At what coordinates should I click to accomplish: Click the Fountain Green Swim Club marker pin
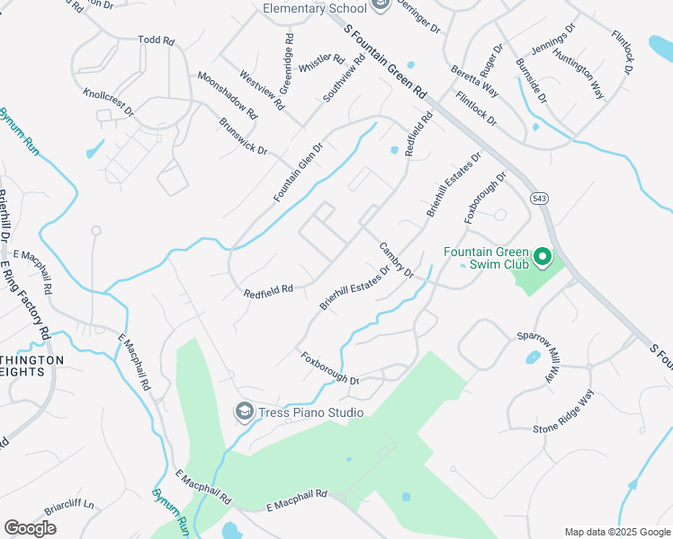pos(542,259)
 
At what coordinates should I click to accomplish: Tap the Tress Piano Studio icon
pos(244,411)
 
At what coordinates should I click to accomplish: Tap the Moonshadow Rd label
pos(227,96)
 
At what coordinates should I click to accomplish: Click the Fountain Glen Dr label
pos(298,172)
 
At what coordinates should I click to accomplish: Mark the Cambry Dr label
pos(395,260)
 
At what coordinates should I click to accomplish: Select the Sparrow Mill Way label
pos(537,358)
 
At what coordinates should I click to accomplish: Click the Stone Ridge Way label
pos(563,414)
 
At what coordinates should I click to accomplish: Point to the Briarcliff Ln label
pos(69,505)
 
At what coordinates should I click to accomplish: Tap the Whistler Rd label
pos(321,65)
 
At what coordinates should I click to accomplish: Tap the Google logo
pos(30,527)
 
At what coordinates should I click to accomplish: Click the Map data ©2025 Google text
pos(616,532)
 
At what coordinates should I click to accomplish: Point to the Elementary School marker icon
pos(380,7)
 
